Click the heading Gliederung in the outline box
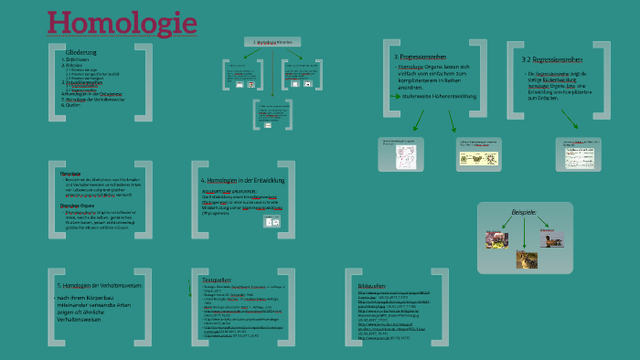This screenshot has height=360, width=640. coord(80,53)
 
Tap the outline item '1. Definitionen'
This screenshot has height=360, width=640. coord(77,60)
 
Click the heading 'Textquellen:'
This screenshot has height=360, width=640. coord(216,279)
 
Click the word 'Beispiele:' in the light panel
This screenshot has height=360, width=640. coord(524,213)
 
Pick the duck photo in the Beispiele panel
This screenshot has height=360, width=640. coord(551,239)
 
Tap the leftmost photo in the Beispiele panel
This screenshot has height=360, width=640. coord(496,239)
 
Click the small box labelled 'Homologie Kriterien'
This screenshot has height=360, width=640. coord(272,42)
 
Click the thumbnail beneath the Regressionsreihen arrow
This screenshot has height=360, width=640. coord(578,153)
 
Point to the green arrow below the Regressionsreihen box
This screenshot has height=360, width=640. coord(570,119)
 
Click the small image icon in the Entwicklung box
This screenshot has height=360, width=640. coord(272,220)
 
